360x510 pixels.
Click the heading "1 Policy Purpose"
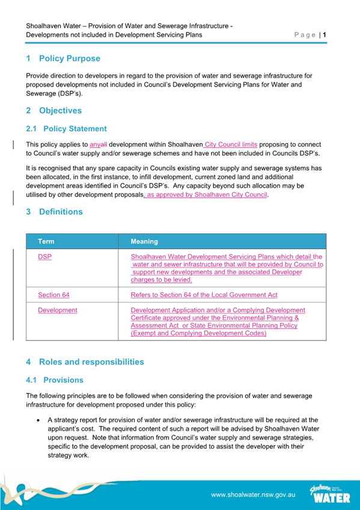tap(63, 59)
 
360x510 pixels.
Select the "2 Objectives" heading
tap(54, 111)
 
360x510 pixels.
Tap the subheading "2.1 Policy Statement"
tap(67, 129)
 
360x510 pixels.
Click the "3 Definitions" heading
tap(55, 212)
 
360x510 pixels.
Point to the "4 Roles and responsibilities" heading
tap(85, 362)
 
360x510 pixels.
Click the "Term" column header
tap(46, 241)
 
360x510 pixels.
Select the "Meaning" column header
tap(144, 241)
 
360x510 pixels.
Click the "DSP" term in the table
tap(44, 256)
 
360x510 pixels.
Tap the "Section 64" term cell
tap(53, 295)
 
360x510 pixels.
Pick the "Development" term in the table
tap(57, 310)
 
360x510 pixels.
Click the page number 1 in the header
tap(325, 35)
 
